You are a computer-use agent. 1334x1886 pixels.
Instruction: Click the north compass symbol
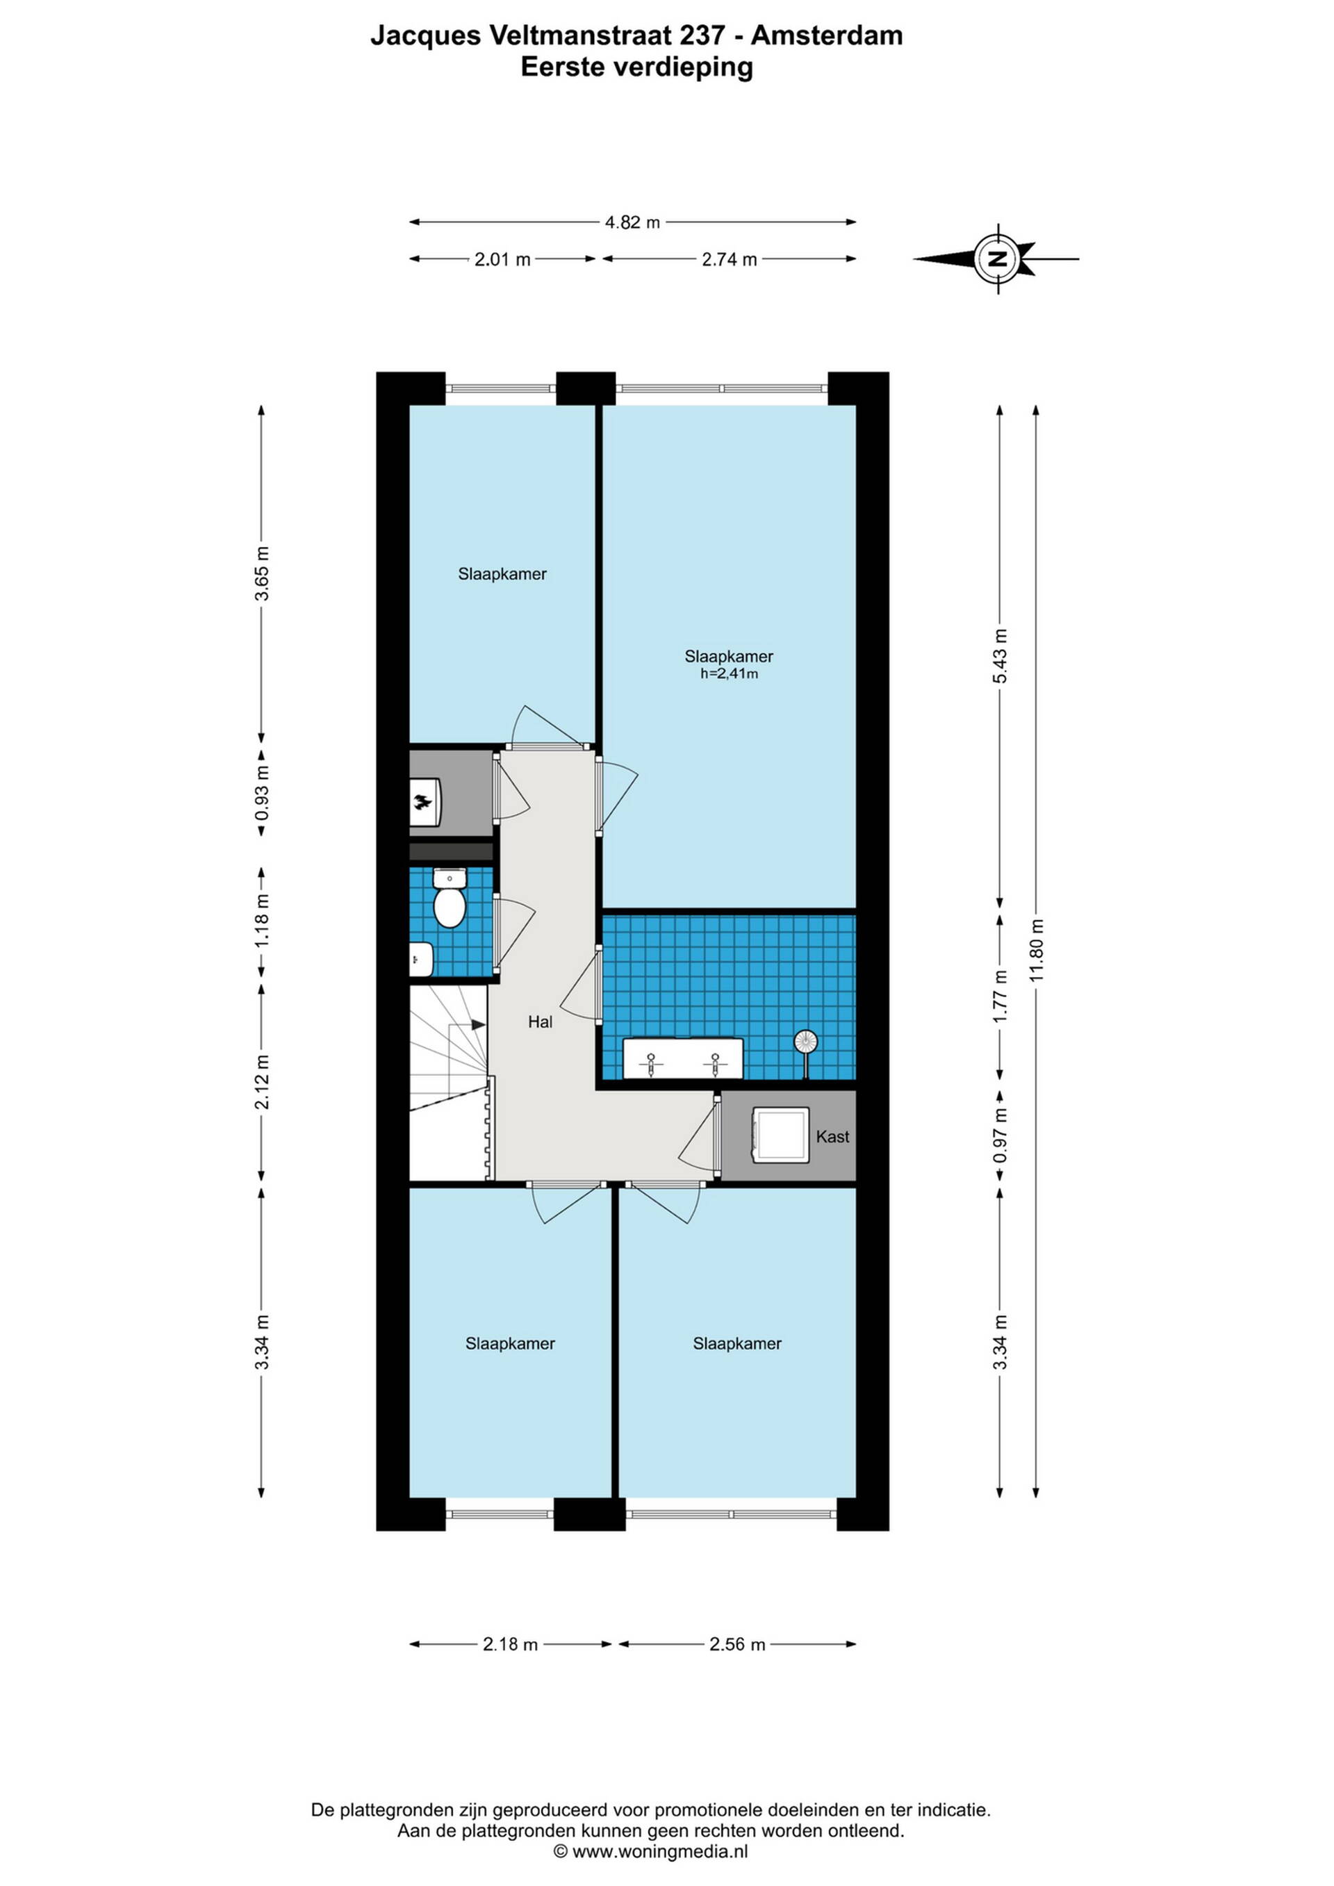click(x=998, y=259)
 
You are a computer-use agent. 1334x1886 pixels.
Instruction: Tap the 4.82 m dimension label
click(x=632, y=222)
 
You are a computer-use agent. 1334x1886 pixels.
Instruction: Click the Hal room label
click(x=540, y=1022)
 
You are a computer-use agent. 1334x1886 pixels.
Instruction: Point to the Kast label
click(x=832, y=1137)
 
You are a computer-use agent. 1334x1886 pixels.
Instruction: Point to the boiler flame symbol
click(x=422, y=803)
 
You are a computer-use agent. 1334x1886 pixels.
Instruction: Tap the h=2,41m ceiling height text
click(x=729, y=674)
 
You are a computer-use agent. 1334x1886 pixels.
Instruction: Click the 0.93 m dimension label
click(x=262, y=794)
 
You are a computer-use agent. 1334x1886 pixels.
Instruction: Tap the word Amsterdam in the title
click(x=827, y=35)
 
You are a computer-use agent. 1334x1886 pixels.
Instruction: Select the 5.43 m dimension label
click(x=1000, y=656)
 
